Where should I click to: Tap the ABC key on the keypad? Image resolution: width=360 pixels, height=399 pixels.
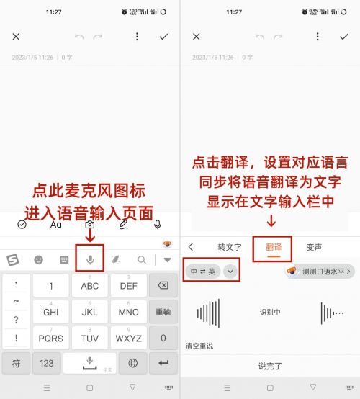(x=90, y=286)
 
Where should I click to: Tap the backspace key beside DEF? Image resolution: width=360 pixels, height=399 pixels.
(x=163, y=286)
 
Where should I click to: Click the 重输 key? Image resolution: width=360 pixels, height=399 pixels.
(x=163, y=312)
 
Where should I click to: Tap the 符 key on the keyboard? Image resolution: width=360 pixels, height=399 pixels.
(x=15, y=363)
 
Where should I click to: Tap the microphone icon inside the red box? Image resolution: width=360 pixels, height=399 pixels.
(x=90, y=259)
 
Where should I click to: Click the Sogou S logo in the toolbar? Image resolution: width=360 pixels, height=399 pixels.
(x=13, y=259)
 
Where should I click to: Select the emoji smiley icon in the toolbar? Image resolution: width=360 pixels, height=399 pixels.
(x=38, y=259)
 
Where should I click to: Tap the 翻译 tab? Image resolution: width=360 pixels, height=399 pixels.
(x=273, y=247)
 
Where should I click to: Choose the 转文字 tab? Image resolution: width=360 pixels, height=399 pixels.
(x=229, y=247)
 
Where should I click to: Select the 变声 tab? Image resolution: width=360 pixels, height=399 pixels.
(x=314, y=247)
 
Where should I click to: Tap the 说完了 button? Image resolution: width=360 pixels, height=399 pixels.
(x=270, y=366)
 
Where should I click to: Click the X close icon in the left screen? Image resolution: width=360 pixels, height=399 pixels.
(x=16, y=37)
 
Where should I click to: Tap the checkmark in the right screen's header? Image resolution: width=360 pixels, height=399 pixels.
(x=343, y=37)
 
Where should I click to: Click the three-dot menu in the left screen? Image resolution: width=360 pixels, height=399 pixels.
(x=137, y=37)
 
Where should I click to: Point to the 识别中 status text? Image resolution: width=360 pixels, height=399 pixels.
(x=270, y=312)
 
